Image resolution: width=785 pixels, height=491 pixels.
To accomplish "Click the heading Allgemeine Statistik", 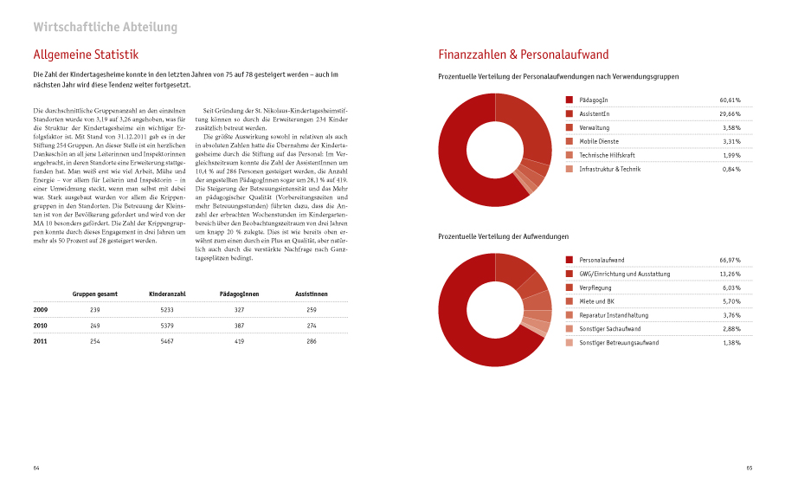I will click(85, 55).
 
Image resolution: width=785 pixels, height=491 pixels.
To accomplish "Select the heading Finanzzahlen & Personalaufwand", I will click(524, 55).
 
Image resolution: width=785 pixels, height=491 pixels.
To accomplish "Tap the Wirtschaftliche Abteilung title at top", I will click(105, 27).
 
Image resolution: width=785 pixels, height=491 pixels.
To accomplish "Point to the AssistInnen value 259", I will click(311, 309).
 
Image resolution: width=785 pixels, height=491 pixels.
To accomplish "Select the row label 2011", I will click(41, 341).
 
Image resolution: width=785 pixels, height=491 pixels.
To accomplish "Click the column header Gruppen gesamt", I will click(95, 294).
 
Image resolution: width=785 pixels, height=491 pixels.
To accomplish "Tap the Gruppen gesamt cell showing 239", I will click(95, 309).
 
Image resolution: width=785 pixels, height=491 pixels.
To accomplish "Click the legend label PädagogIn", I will click(595, 100).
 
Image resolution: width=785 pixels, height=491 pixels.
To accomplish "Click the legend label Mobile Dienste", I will click(600, 141).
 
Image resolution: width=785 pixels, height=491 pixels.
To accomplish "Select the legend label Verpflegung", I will click(598, 287).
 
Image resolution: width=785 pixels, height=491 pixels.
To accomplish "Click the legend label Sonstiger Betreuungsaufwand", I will click(619, 343).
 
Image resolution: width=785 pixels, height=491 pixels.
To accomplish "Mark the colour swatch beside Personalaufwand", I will click(569, 260).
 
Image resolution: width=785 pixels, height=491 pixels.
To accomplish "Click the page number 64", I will click(36, 468).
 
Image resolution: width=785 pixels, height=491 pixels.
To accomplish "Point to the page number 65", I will click(749, 468).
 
